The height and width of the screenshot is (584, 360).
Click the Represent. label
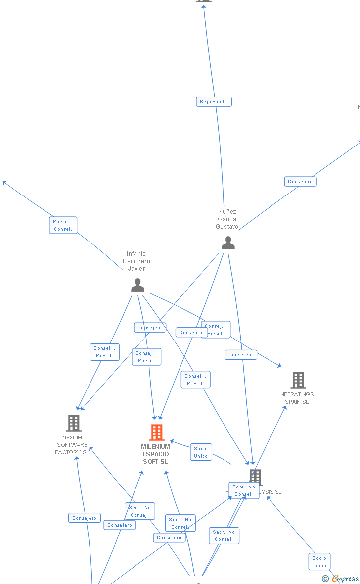[x=214, y=102]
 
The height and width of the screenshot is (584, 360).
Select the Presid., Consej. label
[x=63, y=225]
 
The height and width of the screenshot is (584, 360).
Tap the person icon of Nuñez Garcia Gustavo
[x=228, y=243]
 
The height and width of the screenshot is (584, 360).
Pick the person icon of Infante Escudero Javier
[x=137, y=285]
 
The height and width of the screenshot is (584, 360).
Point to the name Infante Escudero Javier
[x=136, y=261]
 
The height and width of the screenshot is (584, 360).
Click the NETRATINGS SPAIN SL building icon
[x=298, y=380]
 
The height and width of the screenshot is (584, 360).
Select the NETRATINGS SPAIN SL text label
[x=297, y=398]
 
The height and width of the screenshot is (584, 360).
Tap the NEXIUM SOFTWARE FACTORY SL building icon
[x=74, y=423]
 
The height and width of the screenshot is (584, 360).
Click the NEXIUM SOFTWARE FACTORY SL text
[x=72, y=445]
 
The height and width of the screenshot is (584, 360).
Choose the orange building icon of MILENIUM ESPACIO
[x=156, y=432]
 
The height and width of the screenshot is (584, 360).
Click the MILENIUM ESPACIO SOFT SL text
[x=155, y=454]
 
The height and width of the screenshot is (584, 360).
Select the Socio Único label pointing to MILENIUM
[x=201, y=452]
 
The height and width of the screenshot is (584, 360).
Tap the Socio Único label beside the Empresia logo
[x=319, y=562]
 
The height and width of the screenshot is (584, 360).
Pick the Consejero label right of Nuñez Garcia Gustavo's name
[x=300, y=182]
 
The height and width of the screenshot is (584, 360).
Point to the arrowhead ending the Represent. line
[x=204, y=6]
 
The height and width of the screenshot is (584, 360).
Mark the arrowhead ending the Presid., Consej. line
[x=4, y=182]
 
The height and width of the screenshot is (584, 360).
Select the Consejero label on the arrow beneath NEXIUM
[x=85, y=518]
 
